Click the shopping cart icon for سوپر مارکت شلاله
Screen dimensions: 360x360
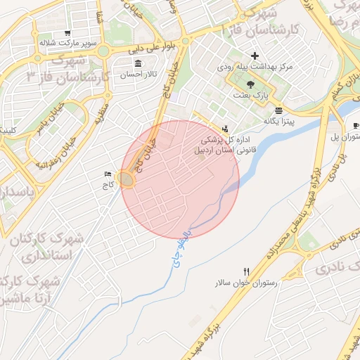(67, 32)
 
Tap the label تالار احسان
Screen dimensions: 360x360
(141, 74)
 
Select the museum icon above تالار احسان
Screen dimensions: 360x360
(137, 64)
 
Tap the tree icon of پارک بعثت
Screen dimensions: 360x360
(251, 84)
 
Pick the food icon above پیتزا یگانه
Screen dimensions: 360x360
(279, 111)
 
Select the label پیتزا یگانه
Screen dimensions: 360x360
(280, 122)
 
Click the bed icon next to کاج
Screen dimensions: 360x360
(108, 174)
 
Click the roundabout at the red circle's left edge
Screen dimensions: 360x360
(127, 180)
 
